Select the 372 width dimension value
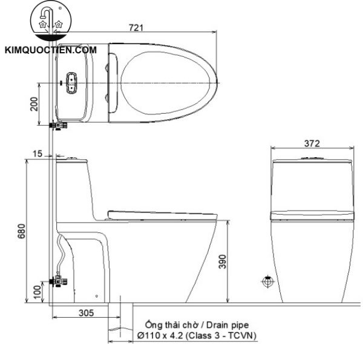tap(312, 143)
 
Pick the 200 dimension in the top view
tap(34, 104)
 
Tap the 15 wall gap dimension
tap(38, 154)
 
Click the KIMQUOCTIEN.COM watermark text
tap(51, 50)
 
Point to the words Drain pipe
tap(226, 325)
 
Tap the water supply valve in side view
tap(58, 281)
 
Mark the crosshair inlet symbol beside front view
tap(267, 281)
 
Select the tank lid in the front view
tap(312, 162)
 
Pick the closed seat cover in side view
tap(160, 213)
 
